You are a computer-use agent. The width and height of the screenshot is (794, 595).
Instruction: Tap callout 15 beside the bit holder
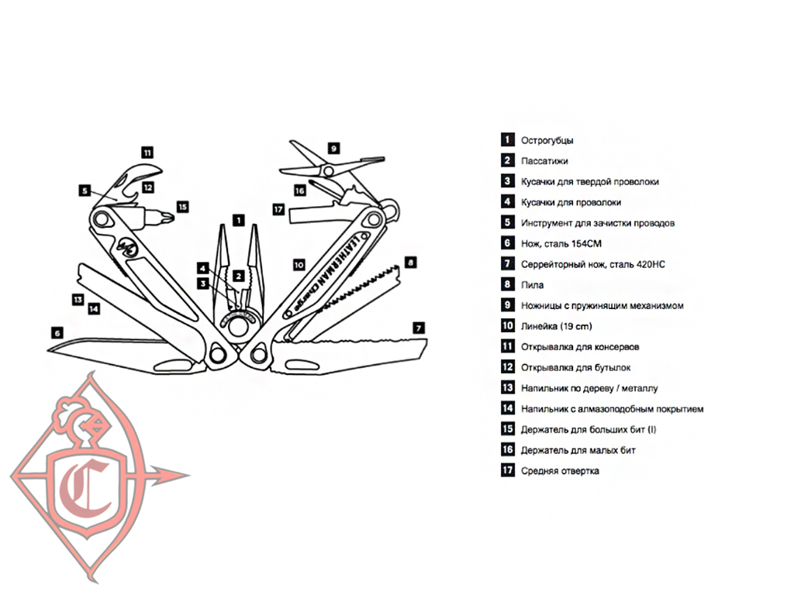click(x=182, y=207)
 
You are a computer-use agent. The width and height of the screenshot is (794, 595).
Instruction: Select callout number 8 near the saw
click(x=410, y=262)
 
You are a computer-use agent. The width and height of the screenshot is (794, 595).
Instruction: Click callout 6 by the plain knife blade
click(x=57, y=332)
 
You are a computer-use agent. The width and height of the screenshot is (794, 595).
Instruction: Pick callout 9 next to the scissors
click(x=333, y=147)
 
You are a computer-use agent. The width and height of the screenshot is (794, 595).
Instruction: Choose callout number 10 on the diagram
click(x=299, y=264)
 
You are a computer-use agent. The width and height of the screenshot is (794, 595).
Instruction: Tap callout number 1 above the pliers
click(x=238, y=219)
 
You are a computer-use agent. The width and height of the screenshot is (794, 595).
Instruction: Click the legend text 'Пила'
click(x=532, y=285)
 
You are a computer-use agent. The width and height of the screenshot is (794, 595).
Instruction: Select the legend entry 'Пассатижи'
click(x=544, y=161)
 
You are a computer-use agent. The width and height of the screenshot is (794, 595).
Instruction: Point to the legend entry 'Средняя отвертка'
click(x=560, y=471)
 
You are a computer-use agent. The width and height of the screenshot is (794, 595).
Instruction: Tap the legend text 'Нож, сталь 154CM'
click(x=561, y=243)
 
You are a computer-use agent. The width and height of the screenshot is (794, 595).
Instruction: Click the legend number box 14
click(x=507, y=408)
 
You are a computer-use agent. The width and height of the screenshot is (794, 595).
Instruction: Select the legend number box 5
click(x=507, y=223)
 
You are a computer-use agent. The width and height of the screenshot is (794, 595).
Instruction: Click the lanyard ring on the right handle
click(x=395, y=208)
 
